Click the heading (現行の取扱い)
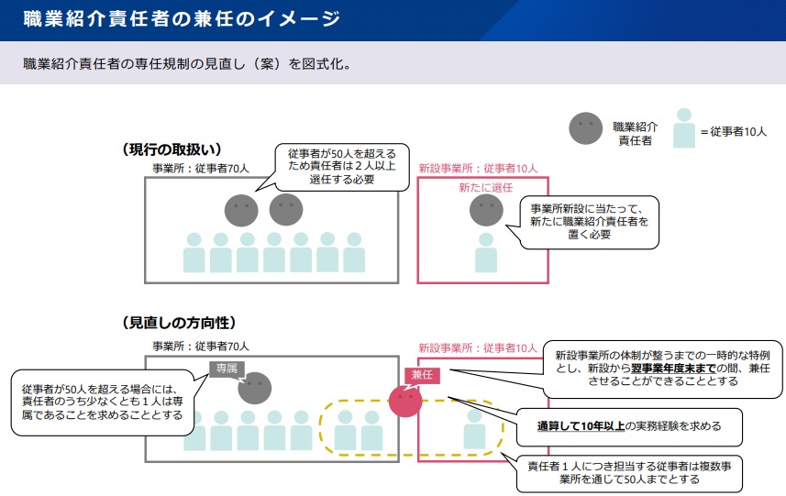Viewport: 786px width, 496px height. tap(172, 149)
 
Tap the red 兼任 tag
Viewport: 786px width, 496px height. tap(422, 376)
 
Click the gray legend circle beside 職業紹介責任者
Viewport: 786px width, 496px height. tap(586, 129)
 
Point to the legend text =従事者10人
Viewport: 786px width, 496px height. tap(733, 132)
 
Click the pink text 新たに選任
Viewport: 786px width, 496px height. tap(485, 187)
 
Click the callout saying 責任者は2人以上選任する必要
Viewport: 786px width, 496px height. tap(342, 167)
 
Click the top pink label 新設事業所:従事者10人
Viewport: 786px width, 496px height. tap(478, 169)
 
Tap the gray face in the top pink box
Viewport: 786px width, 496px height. tap(486, 211)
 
